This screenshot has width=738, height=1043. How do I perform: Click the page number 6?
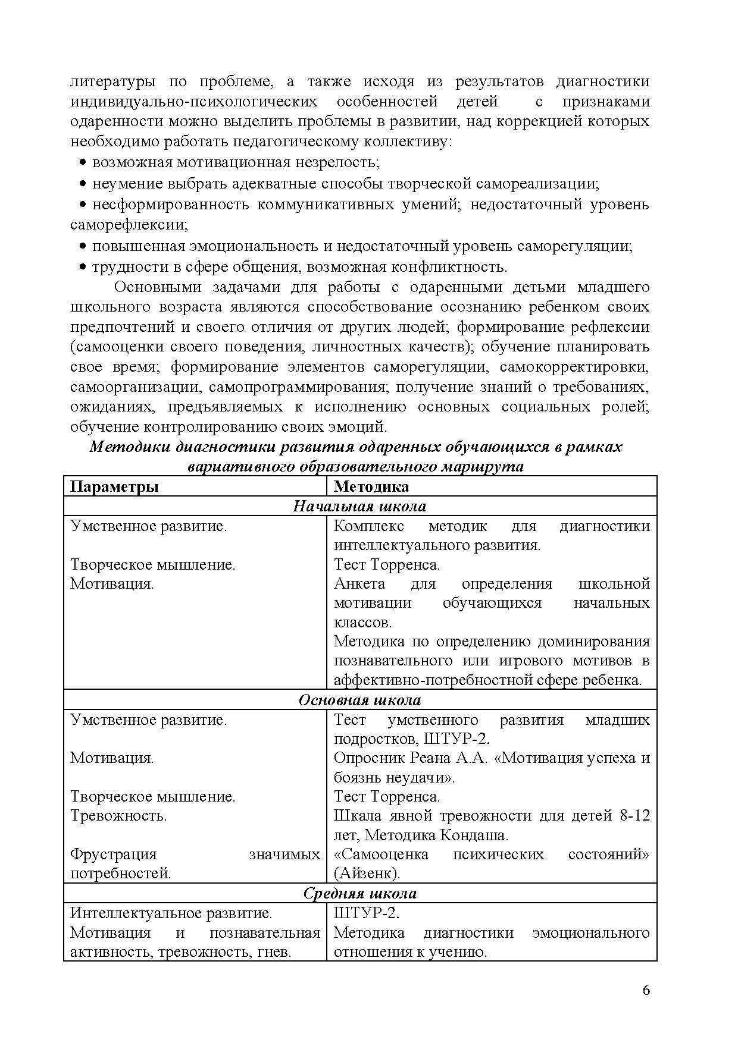tap(646, 990)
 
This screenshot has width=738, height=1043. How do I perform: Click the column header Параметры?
tap(114, 486)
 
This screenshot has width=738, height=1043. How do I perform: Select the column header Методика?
tap(371, 486)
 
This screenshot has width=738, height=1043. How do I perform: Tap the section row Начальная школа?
tap(359, 506)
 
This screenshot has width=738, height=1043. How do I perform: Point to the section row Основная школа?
tap(359, 700)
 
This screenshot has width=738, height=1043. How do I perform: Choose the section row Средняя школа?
tap(359, 893)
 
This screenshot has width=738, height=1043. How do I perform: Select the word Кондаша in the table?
tap(473, 835)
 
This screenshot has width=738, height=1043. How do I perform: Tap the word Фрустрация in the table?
tap(113, 854)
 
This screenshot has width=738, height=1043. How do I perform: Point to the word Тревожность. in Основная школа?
tap(118, 815)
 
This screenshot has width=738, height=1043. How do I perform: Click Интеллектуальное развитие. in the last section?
tap(171, 913)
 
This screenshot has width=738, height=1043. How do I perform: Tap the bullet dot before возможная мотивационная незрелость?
tap(83, 163)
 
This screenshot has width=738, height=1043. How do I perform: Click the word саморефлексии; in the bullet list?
tap(129, 225)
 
